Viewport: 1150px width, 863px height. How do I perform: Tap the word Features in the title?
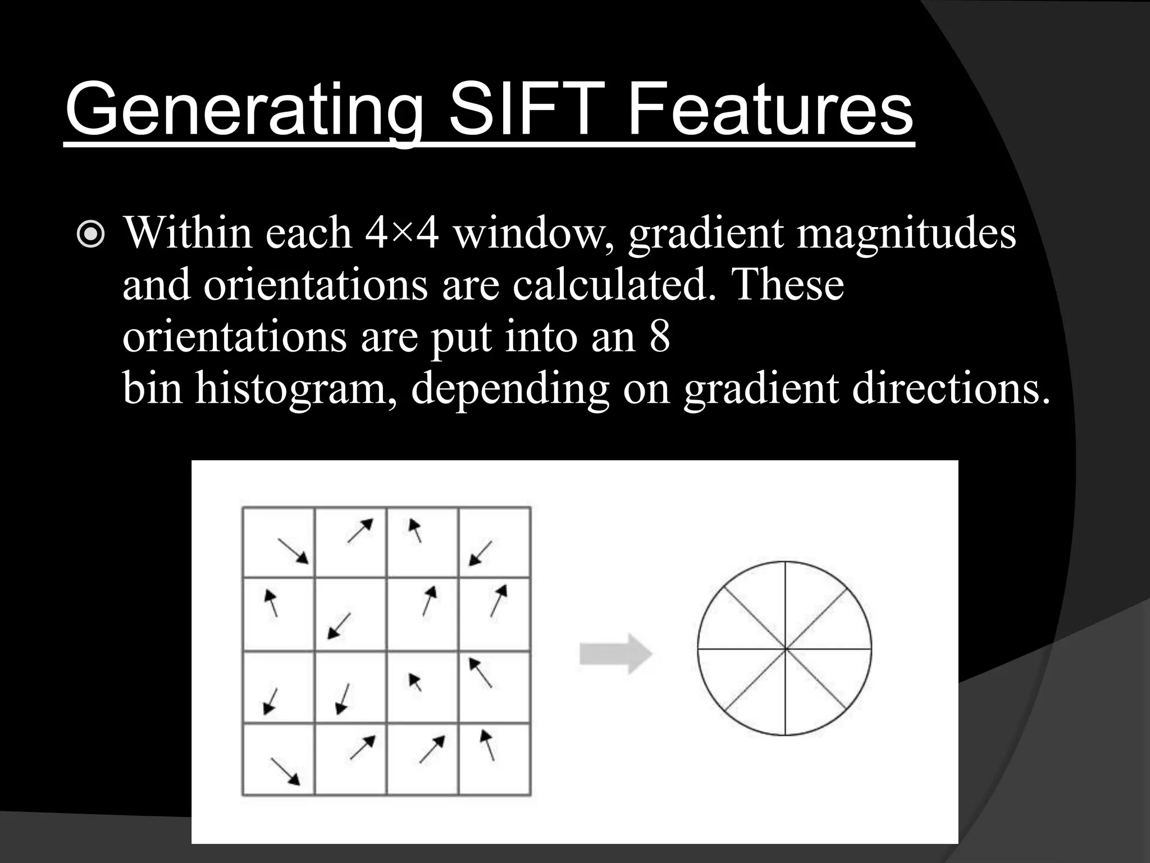[x=770, y=110]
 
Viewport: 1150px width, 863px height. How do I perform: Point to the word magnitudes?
[x=906, y=233]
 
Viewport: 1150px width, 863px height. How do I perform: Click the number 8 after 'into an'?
[x=660, y=337]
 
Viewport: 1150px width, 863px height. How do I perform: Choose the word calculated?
[x=614, y=285]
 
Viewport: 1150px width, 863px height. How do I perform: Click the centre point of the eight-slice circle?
[x=785, y=649]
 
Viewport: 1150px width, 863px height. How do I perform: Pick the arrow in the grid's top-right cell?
[x=481, y=553]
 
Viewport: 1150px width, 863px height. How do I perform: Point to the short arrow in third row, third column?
[x=415, y=682]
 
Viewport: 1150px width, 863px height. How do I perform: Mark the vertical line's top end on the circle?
[x=785, y=561]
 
